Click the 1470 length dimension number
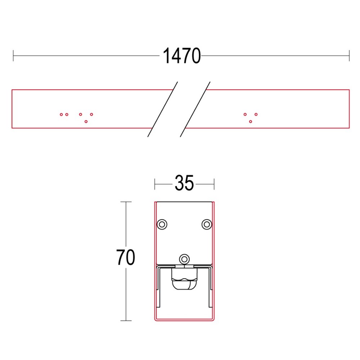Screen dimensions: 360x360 coord(182,56)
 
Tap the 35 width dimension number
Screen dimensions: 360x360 coord(184,183)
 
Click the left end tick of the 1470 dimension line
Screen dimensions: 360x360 coord(13,56)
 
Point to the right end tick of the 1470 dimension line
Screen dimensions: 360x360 coord(349,56)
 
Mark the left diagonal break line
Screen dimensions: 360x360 coord(163,109)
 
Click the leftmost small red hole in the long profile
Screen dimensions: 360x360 coord(61,114)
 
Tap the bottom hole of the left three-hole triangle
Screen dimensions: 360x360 coord(86,122)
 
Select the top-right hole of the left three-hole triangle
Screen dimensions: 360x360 coord(91,114)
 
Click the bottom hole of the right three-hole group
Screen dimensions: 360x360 coord(251,122)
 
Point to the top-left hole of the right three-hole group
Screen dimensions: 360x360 coord(245,114)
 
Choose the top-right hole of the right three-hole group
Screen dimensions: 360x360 coord(256,114)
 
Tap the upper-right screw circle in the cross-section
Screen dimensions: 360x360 coord(206,224)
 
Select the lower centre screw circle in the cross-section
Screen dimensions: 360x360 coord(185,258)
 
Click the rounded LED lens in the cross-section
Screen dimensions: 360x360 coord(184,284)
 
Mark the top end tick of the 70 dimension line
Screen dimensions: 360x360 coord(126,202)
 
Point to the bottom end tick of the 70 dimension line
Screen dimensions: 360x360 coord(126,320)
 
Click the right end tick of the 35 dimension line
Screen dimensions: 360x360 coord(214,184)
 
